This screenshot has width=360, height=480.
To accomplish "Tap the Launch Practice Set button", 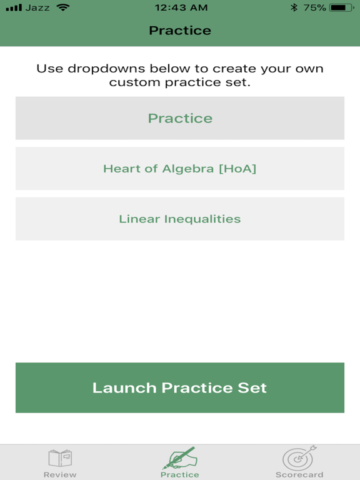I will click(x=179, y=387).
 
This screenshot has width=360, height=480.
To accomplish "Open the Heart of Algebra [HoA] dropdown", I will click(x=179, y=168).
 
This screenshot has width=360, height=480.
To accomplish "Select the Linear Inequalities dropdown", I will click(x=179, y=219).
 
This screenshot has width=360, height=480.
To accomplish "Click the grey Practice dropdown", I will click(x=179, y=118).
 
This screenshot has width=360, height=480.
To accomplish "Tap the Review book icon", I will click(x=60, y=458).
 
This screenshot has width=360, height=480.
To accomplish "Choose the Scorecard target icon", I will click(x=299, y=458).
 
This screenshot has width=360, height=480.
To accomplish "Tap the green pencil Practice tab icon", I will click(x=179, y=458).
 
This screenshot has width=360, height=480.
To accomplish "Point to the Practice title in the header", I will click(x=179, y=30).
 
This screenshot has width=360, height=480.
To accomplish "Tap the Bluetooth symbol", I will click(x=294, y=7).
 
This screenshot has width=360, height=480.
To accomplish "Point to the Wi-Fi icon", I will click(x=62, y=7).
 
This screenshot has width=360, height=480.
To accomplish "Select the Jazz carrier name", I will click(x=38, y=7).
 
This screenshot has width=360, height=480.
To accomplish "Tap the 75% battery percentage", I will click(x=315, y=7).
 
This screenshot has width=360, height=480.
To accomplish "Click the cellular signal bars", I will click(x=13, y=7).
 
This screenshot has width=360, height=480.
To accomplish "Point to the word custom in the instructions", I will click(x=131, y=82).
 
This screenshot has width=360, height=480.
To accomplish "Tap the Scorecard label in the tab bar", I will click(x=299, y=475).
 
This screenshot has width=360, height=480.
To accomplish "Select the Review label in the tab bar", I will click(x=60, y=475).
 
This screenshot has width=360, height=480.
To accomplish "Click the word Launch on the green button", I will click(x=124, y=387).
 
